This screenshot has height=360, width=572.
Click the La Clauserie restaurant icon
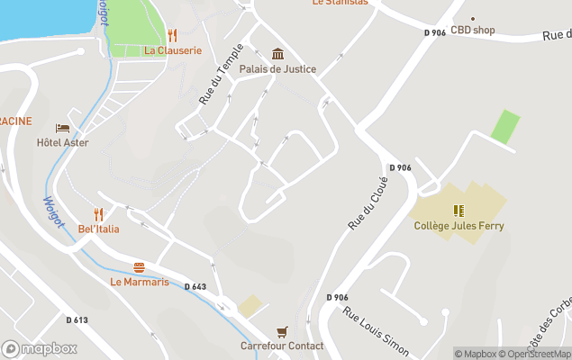[x=172, y=35]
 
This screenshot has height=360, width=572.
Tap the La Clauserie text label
[x=173, y=51]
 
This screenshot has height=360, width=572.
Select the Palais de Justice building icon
[x=277, y=54]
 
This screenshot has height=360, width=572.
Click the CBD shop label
[x=473, y=30]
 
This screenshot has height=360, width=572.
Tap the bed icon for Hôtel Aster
[x=62, y=128]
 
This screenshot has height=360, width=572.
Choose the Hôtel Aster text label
[x=62, y=142]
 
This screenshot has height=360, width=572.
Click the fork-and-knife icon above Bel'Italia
[x=99, y=214]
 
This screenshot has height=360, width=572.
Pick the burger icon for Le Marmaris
[x=139, y=267]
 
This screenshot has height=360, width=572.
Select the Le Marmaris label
[x=139, y=282]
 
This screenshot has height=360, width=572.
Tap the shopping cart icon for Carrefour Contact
[x=282, y=331]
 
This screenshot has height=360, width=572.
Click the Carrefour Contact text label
[x=282, y=346]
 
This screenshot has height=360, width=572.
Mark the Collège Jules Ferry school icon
[x=459, y=211]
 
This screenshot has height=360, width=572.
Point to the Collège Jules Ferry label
[x=459, y=226]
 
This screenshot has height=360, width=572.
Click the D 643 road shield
[x=195, y=287]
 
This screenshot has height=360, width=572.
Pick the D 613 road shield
[x=77, y=319]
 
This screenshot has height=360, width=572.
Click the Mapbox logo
[x=39, y=348]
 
